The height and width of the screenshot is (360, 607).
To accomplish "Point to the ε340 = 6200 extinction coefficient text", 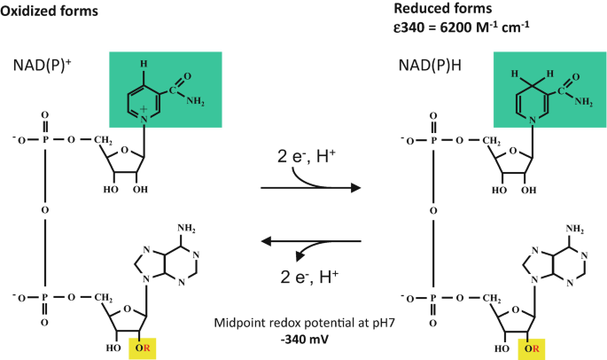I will pyautogui.click(x=460, y=27).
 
